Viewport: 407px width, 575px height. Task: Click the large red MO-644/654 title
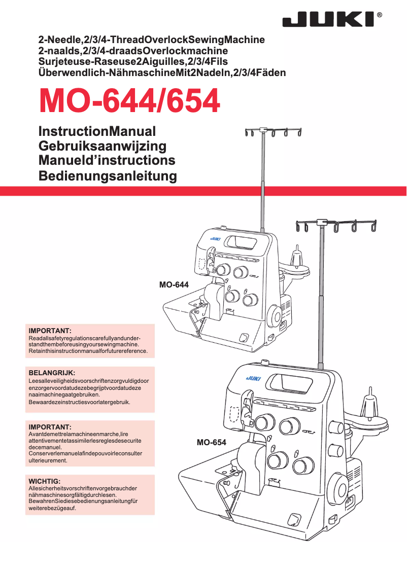coord(129,101)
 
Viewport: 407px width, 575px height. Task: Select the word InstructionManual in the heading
coord(97,131)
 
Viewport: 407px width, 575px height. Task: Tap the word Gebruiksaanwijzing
coord(103,146)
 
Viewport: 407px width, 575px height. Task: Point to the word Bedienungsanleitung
coord(108,176)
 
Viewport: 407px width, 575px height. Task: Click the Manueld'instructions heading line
coord(107,161)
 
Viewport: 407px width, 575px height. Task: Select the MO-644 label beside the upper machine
coord(174,285)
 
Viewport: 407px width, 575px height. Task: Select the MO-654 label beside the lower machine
coord(211,443)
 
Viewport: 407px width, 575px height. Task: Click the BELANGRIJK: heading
coord(52,373)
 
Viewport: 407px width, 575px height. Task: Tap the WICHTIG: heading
coord(45,481)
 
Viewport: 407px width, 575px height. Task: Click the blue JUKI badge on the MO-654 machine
coord(253,378)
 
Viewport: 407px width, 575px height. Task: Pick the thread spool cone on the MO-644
coord(297,256)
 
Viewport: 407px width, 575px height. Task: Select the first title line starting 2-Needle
coord(152,40)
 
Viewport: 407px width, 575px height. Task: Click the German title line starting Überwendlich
coord(162,73)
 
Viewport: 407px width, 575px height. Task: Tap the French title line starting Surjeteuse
coord(133,62)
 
